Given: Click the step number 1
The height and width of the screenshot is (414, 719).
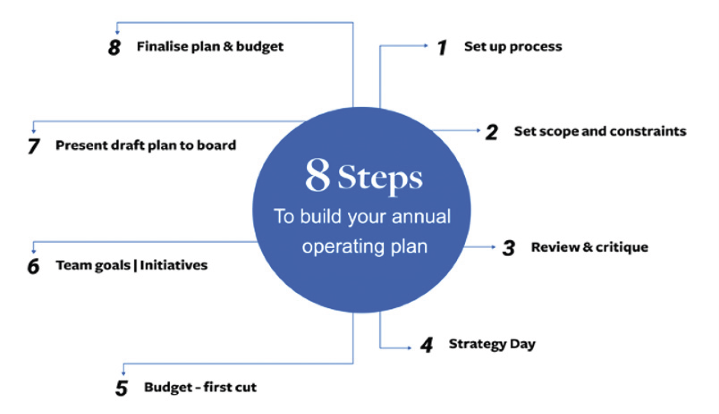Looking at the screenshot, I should coord(441,48).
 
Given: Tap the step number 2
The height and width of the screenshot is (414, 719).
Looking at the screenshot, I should coord(491,133).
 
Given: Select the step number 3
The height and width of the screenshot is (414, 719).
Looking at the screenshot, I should coord(509,248).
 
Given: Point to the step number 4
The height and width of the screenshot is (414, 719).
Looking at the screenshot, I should coord(426,346).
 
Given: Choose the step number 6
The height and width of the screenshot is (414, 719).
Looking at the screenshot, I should coord(33,266).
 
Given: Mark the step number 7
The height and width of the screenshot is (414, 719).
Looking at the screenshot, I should coord(33,147).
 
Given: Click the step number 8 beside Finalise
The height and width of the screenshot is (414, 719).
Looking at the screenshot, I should coord(115,48).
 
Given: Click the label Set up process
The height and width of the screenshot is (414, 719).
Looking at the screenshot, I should coord(513,47).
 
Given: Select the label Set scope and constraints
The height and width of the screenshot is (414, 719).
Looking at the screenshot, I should coord(600,132).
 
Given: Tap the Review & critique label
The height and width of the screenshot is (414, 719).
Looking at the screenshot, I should coord(589,247).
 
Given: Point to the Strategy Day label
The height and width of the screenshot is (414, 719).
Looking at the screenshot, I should coord(492,345).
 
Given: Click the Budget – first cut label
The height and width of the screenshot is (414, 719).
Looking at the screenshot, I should coord(200,388).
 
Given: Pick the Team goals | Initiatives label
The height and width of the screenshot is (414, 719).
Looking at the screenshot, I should coord(131,265).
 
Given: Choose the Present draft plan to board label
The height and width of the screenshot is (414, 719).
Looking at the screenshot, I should coord(146,146).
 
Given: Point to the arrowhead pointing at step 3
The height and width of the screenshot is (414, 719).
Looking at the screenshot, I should coord(495,247).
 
